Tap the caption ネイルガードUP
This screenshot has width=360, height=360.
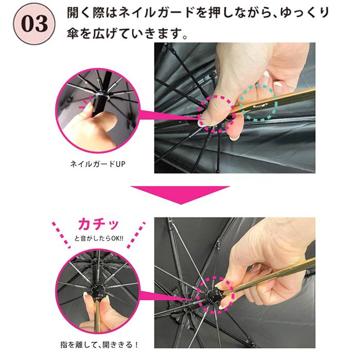97,165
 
